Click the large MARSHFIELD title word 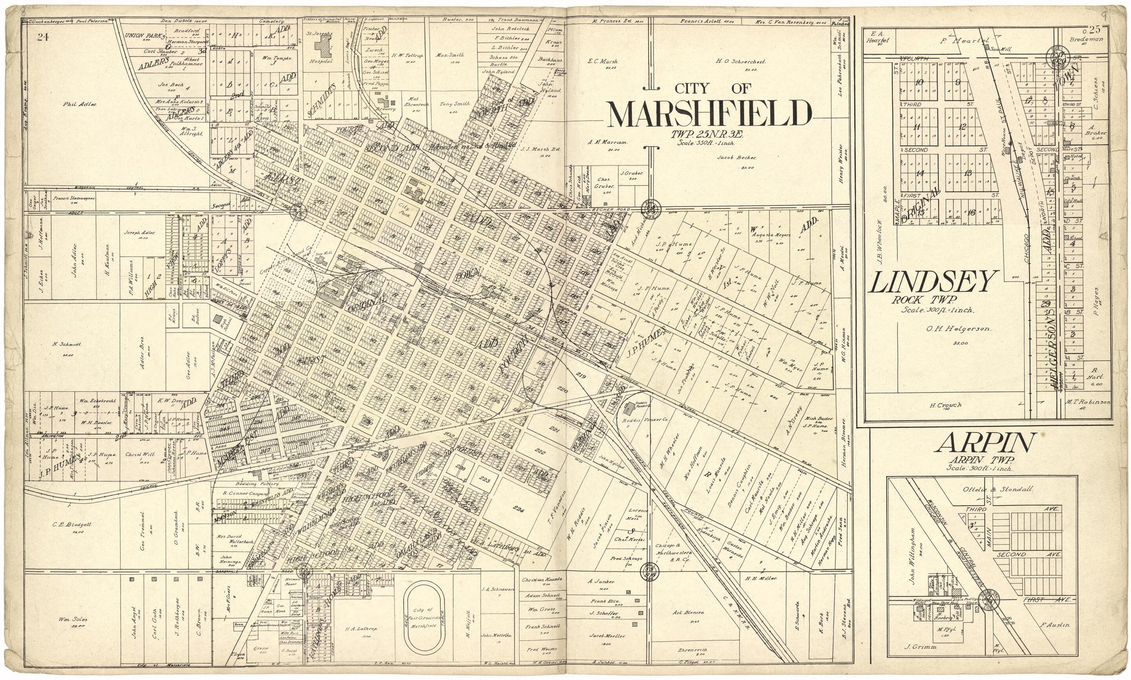point(709,115)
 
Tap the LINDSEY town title point(933,283)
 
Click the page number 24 point(43,38)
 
